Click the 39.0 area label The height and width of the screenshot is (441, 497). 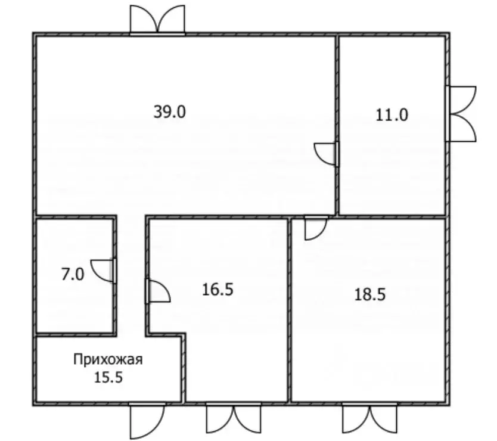(x=170, y=112)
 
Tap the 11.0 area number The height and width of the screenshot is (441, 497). (x=392, y=114)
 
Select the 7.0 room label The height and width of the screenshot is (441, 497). (x=73, y=275)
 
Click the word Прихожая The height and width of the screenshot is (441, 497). (x=108, y=359)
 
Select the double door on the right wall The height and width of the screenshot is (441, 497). (x=461, y=113)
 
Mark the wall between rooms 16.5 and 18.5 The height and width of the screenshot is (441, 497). (x=290, y=310)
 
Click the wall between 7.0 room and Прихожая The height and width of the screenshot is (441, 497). (x=76, y=335)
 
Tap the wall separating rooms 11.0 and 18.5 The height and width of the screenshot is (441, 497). (x=393, y=216)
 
